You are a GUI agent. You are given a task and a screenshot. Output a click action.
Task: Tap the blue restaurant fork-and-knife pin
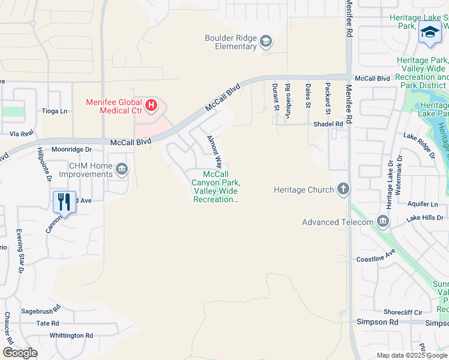(x=64, y=201)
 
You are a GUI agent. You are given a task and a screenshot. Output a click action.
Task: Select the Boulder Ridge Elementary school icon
(x=266, y=42)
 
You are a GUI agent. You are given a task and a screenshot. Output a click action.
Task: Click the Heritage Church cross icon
(x=343, y=190)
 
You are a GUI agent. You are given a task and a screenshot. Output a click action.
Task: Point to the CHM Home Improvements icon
(x=122, y=169)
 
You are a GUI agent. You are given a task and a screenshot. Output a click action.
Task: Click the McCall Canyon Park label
(x=216, y=187)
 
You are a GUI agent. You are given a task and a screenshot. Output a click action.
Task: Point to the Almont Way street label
(x=214, y=152)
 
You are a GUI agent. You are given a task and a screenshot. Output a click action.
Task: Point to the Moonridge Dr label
(x=71, y=149)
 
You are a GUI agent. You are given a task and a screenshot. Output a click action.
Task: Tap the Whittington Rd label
(x=71, y=335)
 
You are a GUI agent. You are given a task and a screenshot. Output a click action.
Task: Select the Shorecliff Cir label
(x=403, y=312)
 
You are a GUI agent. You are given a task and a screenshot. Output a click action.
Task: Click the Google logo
(x=20, y=353)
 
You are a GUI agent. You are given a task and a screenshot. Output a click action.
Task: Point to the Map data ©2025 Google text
(x=411, y=355)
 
